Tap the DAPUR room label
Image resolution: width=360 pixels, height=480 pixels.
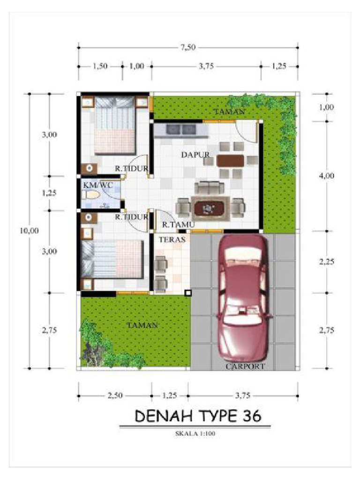(195, 155)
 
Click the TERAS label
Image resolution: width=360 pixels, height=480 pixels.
(172, 240)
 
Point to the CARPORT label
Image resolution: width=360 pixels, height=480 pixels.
(245, 366)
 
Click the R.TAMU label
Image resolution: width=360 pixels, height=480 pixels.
(178, 225)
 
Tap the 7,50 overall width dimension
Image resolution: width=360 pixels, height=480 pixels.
(188, 47)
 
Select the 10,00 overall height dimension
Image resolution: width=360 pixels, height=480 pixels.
(30, 231)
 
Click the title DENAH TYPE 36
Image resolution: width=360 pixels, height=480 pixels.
(198, 416)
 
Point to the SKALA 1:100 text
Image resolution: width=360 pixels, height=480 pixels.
(195, 434)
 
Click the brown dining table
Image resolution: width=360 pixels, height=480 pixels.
(230, 160)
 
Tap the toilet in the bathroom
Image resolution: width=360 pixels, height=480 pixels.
(91, 195)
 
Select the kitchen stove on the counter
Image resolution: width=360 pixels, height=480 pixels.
(181, 129)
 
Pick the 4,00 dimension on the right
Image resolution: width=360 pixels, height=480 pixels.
(327, 176)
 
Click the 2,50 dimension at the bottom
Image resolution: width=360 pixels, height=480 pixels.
(115, 396)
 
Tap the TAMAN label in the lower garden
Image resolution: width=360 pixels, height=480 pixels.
(142, 325)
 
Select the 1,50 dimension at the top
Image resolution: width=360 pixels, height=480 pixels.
(100, 66)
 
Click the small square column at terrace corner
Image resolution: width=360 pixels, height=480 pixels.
(188, 293)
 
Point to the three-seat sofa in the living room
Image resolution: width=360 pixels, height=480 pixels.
(210, 187)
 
